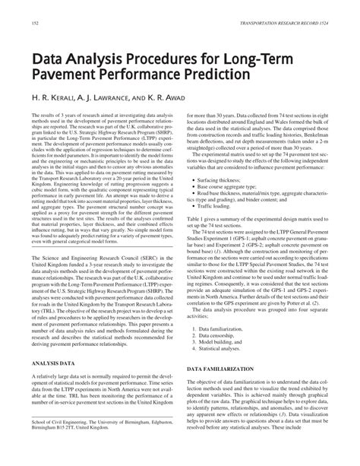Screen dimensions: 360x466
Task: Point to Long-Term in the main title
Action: pyautogui.click(x=248, y=59)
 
